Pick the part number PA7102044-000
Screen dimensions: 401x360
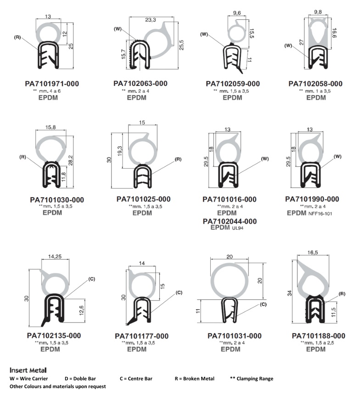click(230, 221)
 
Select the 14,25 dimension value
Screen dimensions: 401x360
click(55, 257)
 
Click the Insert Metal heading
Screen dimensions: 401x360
click(28, 370)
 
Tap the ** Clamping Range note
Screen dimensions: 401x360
click(251, 378)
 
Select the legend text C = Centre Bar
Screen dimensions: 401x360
click(135, 378)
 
